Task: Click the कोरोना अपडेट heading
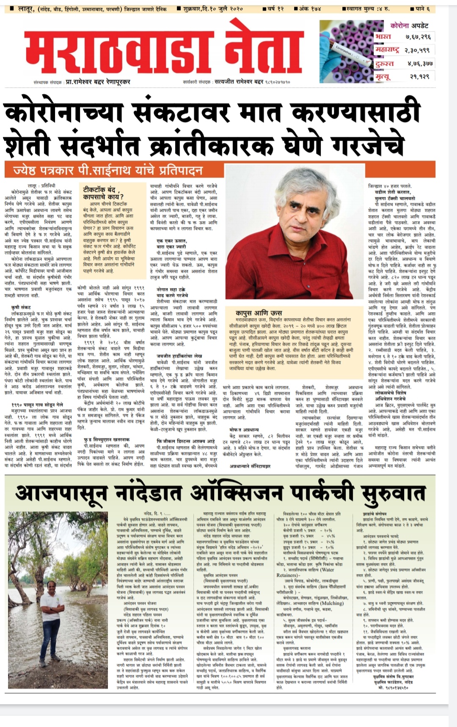(x=409, y=25)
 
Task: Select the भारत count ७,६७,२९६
(x=418, y=37)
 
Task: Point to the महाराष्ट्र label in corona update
(x=387, y=50)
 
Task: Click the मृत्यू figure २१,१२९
(x=419, y=76)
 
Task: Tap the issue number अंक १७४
(x=308, y=8)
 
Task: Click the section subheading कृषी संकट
(x=21, y=307)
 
